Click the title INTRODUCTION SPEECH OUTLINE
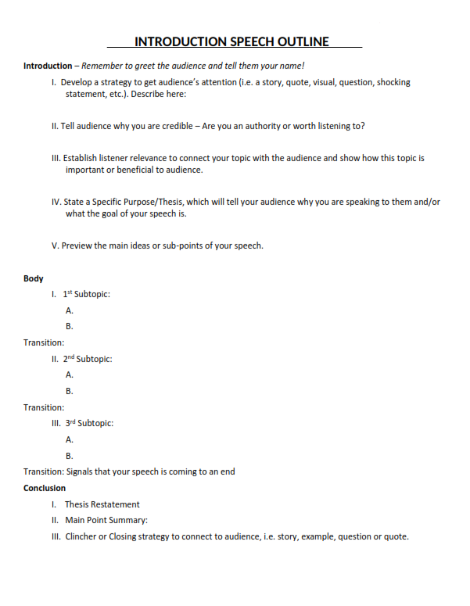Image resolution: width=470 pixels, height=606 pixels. tap(231, 42)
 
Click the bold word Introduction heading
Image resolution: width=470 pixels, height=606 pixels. tap(47, 66)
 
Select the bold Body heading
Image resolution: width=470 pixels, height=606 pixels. tap(34, 278)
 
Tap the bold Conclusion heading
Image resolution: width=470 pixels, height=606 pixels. tap(45, 488)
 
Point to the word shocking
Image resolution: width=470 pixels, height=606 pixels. tap(393, 82)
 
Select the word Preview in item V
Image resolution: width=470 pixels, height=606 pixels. tap(77, 246)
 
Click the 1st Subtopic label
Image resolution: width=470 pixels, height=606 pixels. tap(87, 295)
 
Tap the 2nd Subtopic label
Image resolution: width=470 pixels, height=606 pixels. tap(88, 360)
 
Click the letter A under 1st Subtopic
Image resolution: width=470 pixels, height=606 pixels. tap(70, 311)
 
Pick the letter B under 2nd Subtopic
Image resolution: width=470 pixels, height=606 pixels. tap(70, 391)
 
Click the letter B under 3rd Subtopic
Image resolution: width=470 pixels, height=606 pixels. tap(70, 456)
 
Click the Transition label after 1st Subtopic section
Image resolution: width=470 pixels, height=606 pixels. tap(44, 342)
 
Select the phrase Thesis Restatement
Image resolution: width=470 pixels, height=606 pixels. tap(102, 504)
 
